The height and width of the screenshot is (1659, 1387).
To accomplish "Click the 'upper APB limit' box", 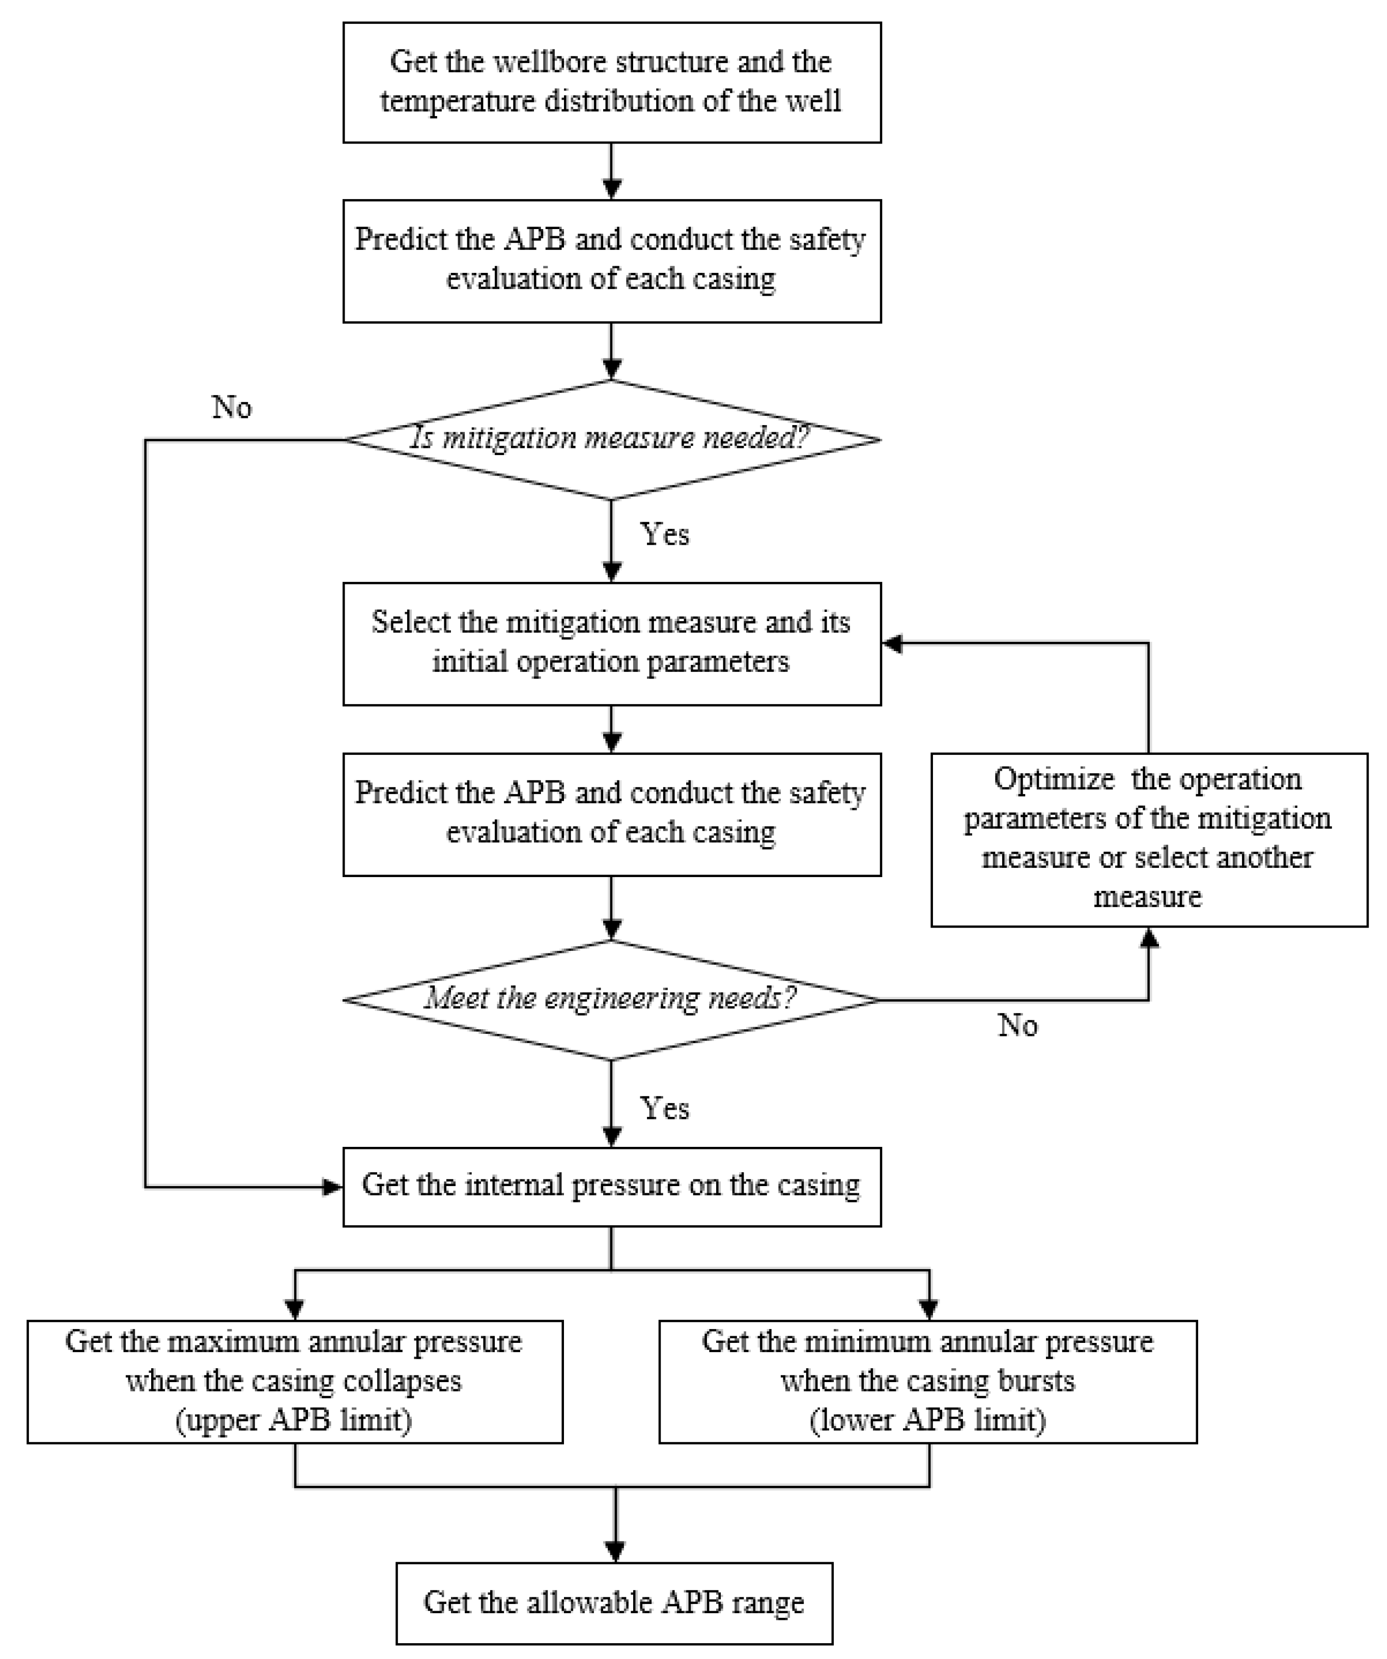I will (295, 1382).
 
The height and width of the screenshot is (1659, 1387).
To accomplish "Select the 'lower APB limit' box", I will (927, 1382).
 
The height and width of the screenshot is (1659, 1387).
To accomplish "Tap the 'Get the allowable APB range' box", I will (614, 1603).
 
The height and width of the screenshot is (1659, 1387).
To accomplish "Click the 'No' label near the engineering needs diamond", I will (1017, 1025).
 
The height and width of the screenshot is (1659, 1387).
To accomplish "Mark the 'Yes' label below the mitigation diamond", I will (664, 535).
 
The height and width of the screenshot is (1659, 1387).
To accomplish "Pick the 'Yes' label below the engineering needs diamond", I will (664, 1108).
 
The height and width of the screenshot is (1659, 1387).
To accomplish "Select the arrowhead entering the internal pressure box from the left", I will (332, 1187).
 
